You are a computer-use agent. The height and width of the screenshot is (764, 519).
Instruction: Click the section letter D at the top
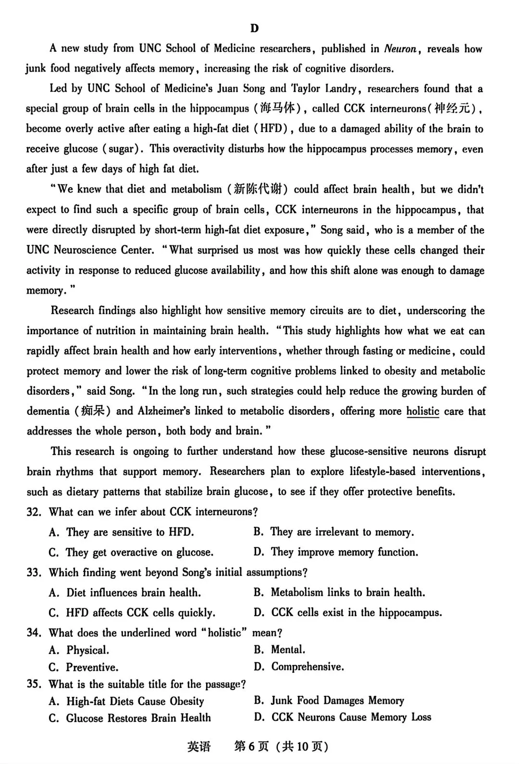coord(255,28)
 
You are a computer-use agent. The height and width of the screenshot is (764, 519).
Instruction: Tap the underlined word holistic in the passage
coord(423,411)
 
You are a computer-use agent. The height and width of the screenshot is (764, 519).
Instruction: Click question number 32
coord(34,512)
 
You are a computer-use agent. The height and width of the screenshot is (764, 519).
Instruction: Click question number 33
coord(34,572)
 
